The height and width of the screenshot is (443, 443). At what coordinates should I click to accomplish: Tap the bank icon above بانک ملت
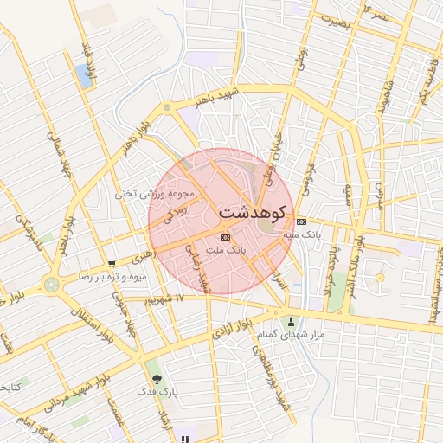coord(226,236)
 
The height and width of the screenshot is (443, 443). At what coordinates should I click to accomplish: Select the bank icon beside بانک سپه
coord(300,221)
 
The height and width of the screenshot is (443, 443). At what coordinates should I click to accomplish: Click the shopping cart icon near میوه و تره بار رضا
coord(112,264)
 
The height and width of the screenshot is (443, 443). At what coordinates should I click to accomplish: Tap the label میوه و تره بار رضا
coord(114,277)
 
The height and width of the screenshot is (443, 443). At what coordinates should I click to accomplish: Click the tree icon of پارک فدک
coord(157,379)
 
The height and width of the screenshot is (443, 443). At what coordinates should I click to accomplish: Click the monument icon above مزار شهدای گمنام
coord(291,321)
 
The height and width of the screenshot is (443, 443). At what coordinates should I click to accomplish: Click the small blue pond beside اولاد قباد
coord(86,75)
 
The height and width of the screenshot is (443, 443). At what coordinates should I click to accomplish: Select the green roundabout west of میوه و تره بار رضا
coord(51,283)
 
